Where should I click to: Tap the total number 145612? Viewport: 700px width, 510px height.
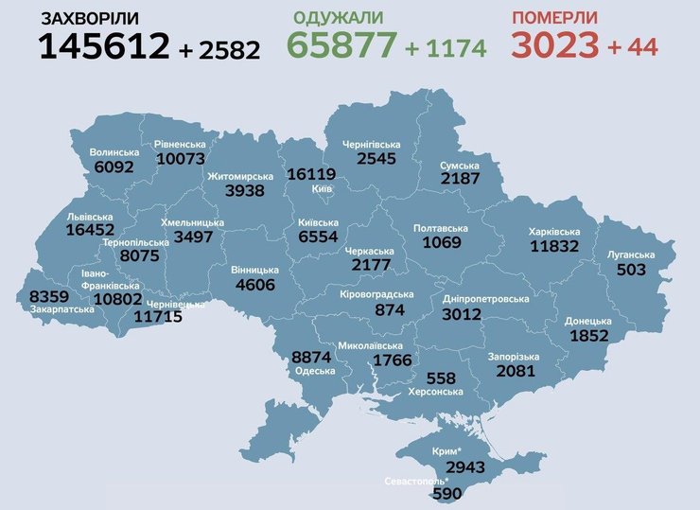(x=104, y=44)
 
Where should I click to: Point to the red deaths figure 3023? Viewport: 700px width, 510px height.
(x=554, y=44)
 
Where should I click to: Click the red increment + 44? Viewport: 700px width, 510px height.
(x=633, y=45)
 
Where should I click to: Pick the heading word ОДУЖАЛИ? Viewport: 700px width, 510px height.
(x=339, y=18)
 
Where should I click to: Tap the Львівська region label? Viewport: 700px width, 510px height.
(x=90, y=216)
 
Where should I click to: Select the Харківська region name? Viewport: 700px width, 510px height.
(x=553, y=231)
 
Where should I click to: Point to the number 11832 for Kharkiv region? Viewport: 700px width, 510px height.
(x=558, y=246)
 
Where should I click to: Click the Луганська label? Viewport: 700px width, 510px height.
(x=630, y=255)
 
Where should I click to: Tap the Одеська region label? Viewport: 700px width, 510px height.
(x=315, y=371)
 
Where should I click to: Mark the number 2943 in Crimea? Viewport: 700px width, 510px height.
(x=465, y=467)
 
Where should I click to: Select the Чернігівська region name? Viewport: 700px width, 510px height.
(x=371, y=145)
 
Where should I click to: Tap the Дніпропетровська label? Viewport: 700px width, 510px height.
(x=486, y=299)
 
